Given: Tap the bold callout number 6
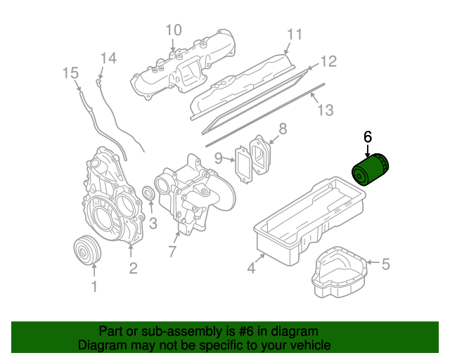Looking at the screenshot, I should point(367,136).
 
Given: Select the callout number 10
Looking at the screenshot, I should point(173,30).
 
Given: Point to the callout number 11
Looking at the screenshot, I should point(294,34).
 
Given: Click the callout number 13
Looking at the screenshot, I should point(324,110).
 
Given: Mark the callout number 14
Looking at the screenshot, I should point(107,58).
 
